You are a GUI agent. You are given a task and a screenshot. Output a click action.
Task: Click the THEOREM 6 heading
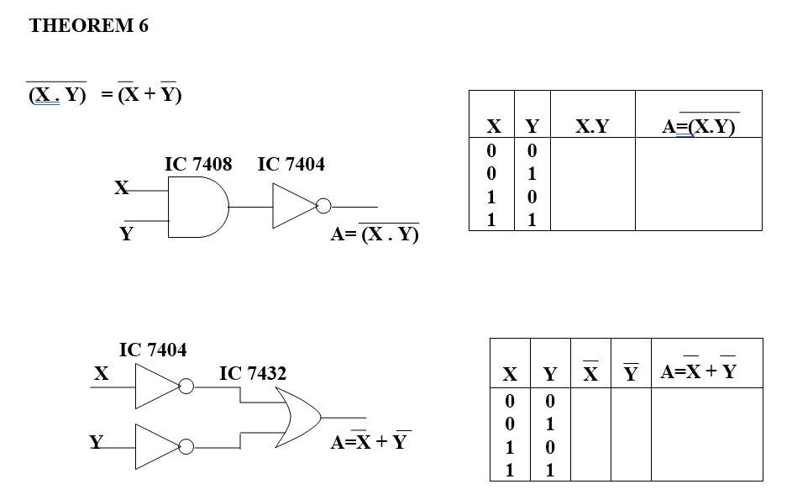(x=88, y=26)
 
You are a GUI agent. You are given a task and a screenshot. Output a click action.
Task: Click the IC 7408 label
(x=197, y=164)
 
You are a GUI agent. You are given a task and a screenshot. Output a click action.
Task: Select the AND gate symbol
(x=198, y=208)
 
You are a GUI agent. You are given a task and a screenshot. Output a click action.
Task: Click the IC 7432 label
(x=253, y=373)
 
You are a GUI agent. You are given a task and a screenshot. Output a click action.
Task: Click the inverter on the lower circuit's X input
(x=157, y=387)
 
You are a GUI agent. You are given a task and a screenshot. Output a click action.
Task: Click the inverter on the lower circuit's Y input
(x=157, y=445)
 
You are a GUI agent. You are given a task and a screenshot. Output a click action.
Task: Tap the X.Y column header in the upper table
(x=592, y=127)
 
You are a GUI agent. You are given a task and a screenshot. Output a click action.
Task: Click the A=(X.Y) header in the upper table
(x=698, y=127)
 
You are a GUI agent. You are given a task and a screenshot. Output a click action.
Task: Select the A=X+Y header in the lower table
(x=698, y=371)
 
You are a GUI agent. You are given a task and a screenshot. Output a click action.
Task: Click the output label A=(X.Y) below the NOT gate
(x=375, y=234)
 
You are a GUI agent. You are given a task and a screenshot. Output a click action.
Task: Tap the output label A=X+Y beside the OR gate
(x=369, y=441)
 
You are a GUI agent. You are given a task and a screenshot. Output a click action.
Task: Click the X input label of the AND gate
(x=123, y=187)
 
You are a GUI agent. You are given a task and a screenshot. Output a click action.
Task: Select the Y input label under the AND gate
(x=126, y=234)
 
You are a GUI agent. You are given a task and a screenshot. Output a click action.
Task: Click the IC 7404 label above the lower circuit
(x=153, y=349)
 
